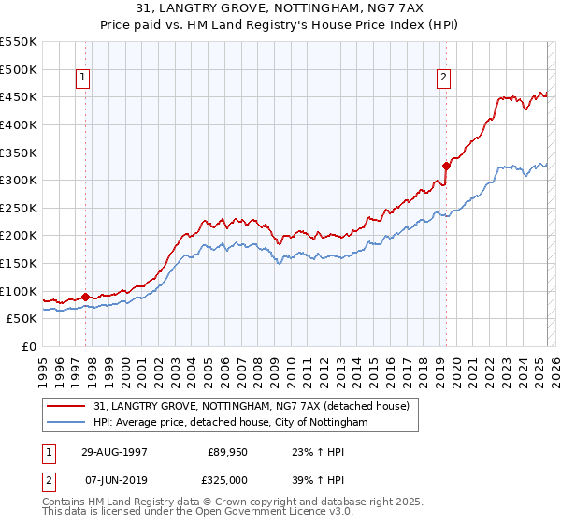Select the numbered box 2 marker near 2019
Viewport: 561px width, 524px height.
click(442, 79)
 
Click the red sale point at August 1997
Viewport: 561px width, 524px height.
click(85, 297)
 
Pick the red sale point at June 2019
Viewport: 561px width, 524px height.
click(446, 167)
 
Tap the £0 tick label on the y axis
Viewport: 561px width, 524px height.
click(29, 347)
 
